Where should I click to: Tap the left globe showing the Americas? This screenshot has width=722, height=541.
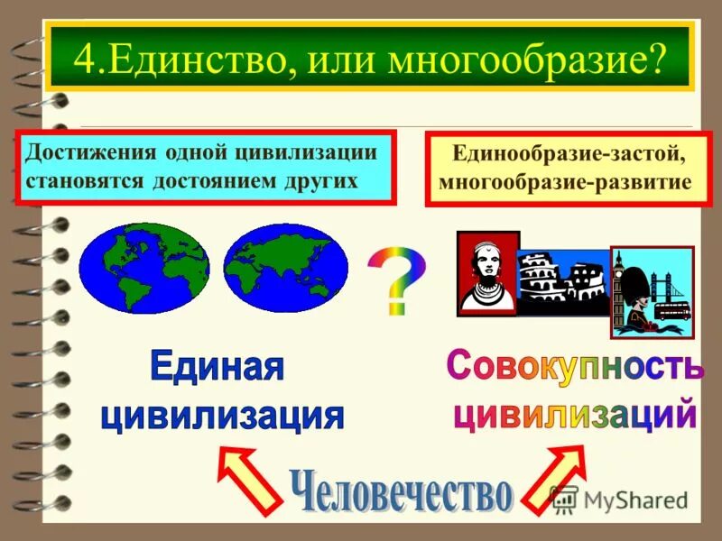[x=143, y=269]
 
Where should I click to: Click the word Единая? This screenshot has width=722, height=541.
[x=217, y=368]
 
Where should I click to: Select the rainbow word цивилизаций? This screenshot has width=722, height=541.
[x=574, y=415]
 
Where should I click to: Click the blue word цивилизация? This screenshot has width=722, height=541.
[x=222, y=415]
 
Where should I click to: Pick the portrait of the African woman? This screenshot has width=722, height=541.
[x=488, y=274]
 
